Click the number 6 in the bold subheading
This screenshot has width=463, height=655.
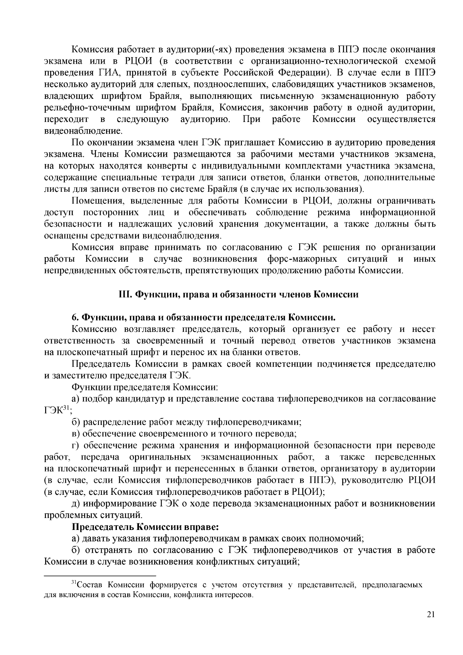[x=75, y=318]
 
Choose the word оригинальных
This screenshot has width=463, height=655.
[x=160, y=457]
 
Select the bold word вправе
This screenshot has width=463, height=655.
[x=201, y=526]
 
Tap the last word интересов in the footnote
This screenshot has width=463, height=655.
[x=236, y=594]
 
